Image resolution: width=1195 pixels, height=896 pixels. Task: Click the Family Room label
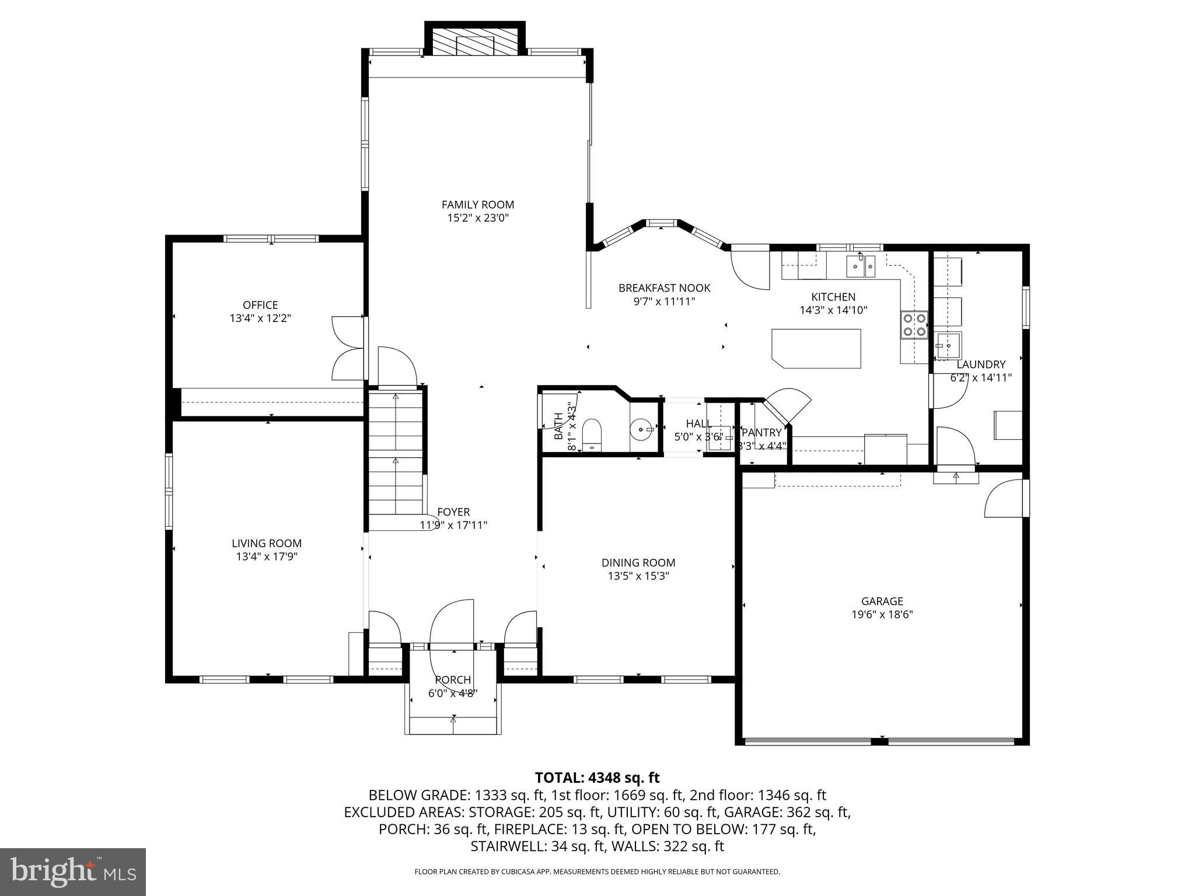(x=477, y=205)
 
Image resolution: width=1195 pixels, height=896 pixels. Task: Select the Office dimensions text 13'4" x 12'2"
(x=260, y=318)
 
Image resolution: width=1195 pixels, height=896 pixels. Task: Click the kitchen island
(x=816, y=348)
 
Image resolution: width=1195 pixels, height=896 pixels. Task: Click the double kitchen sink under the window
(x=861, y=267)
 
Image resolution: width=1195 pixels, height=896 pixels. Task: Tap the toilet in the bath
(x=592, y=432)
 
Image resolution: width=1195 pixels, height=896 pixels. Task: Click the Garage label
(x=882, y=601)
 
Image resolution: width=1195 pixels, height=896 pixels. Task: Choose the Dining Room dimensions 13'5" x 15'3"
(x=638, y=576)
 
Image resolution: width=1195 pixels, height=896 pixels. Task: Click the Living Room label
(x=267, y=543)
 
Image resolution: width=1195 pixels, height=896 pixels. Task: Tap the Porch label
(x=453, y=680)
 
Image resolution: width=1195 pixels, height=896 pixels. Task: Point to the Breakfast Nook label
(x=664, y=288)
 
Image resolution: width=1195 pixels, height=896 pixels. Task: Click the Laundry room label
(x=981, y=365)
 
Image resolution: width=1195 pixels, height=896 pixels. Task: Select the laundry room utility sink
(x=948, y=345)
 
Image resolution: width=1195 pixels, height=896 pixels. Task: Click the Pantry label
(x=761, y=432)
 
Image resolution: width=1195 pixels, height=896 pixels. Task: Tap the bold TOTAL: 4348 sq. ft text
(x=597, y=778)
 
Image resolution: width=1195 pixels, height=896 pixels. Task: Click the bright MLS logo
(x=73, y=871)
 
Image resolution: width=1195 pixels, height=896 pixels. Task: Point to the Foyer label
(x=453, y=512)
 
